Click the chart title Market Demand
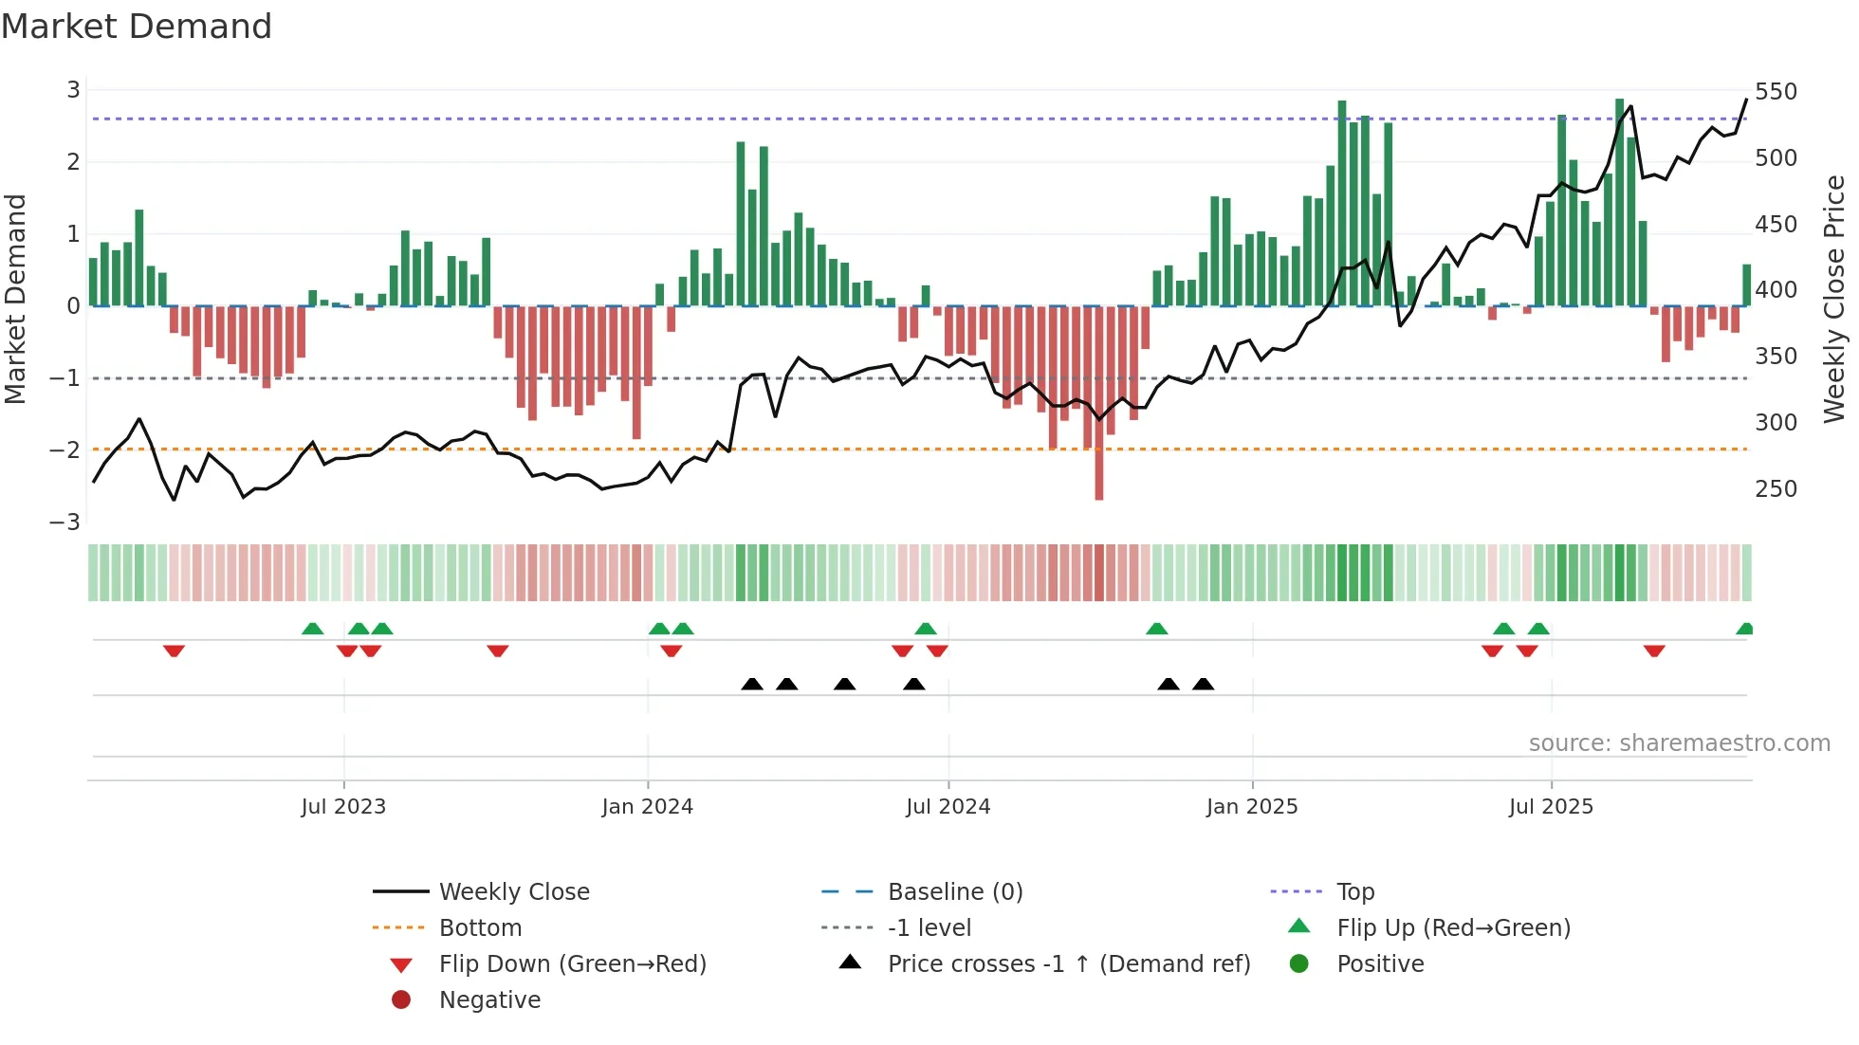coord(137,27)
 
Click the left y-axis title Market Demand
coord(16,300)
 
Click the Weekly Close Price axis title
coord(1834,300)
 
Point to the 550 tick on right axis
coord(1776,92)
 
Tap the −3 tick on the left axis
coord(65,522)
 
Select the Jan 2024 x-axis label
coord(647,807)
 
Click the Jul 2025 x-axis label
coord(1551,807)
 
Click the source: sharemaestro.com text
coord(1679,743)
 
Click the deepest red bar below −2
coord(1098,474)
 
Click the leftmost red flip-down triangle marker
coord(174,651)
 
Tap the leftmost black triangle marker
coord(752,684)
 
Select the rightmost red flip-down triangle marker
coord(1654,651)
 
